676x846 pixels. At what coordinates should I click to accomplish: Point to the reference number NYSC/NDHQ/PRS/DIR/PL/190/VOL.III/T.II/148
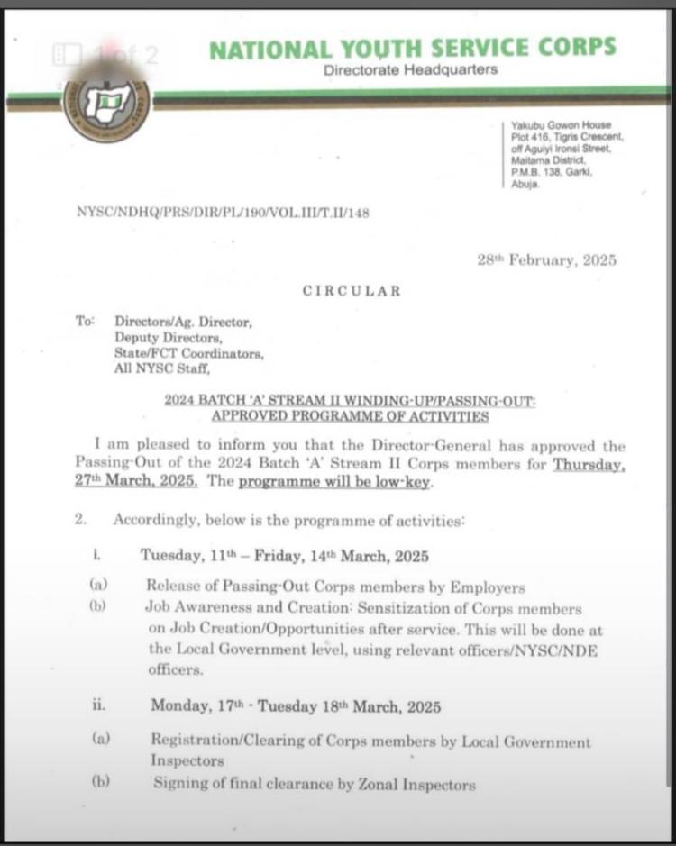[224, 213]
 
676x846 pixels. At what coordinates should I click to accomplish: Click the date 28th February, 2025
[546, 260]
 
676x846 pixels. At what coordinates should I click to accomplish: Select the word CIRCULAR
[352, 291]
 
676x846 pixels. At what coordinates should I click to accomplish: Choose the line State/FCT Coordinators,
[189, 353]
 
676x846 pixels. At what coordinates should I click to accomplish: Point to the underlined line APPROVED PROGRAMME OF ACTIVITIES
[350, 416]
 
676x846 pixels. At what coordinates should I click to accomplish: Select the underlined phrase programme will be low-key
[335, 481]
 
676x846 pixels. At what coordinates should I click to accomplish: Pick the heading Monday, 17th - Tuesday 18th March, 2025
[296, 706]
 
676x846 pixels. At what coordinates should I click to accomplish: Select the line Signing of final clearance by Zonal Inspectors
[314, 784]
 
